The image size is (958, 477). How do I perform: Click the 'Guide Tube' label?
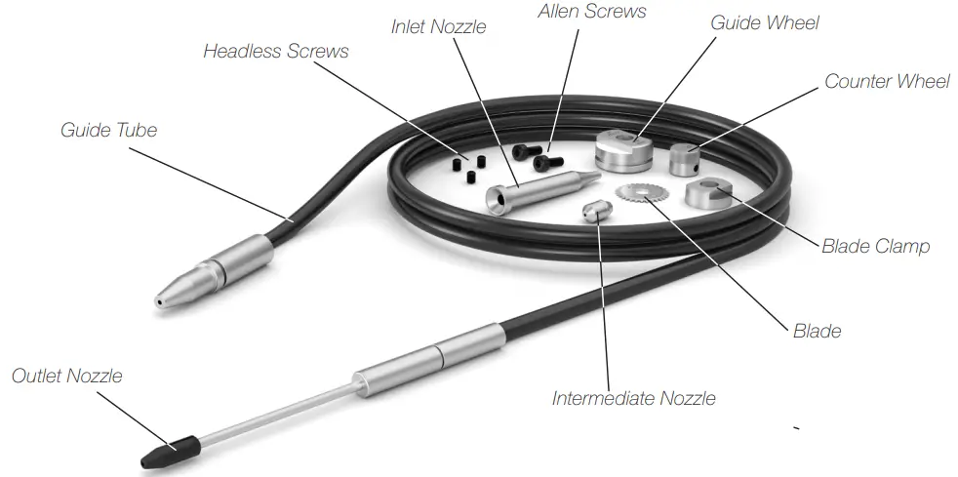coord(108,130)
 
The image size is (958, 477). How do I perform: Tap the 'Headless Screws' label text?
coord(275,52)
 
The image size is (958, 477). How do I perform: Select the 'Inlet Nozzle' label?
coord(438,26)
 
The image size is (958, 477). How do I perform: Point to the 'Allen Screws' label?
coord(591,12)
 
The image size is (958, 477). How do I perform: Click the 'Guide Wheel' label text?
coord(765,21)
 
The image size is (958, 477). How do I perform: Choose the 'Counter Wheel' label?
coord(887,81)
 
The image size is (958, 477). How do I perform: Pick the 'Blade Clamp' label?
coord(875,246)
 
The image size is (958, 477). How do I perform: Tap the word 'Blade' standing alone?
coord(817,331)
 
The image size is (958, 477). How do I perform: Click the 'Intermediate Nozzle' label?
coord(633,398)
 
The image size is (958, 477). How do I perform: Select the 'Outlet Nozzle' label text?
coord(66,376)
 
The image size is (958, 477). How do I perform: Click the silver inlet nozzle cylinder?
coord(535,190)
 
